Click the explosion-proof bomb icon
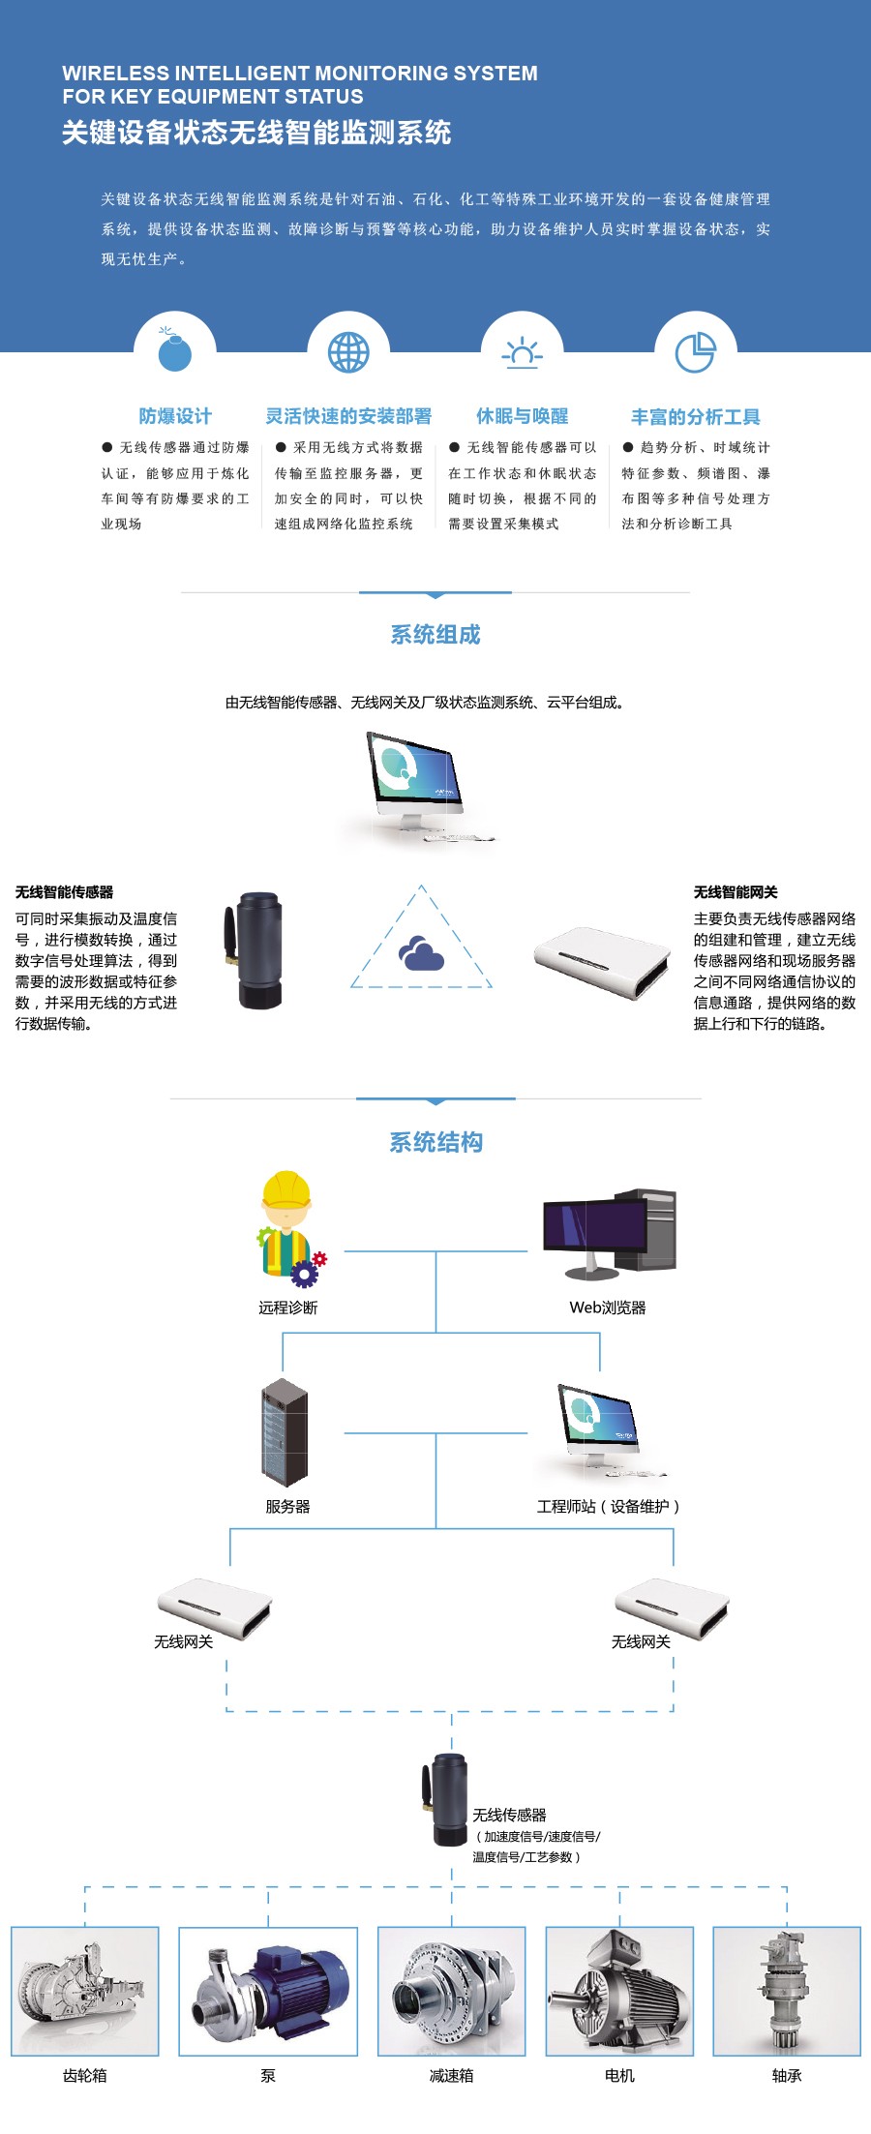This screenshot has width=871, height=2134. (175, 352)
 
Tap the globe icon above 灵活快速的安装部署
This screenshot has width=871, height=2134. (348, 352)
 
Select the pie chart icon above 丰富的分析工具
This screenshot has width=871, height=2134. (695, 352)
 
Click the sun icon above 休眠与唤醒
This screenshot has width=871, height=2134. (522, 353)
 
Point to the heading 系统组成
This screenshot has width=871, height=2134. (435, 635)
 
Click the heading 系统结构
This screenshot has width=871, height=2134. (435, 1142)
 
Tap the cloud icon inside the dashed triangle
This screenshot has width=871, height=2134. (421, 953)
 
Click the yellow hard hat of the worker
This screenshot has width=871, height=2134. (286, 1188)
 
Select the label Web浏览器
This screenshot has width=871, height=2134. (608, 1307)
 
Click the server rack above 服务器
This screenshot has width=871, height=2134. (285, 1432)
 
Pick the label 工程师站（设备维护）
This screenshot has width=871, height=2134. (609, 1507)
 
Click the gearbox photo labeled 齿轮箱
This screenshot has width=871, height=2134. (85, 1991)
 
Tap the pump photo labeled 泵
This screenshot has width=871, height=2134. (268, 1991)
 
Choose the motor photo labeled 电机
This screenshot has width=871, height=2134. (619, 1991)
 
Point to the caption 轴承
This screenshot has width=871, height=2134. (787, 2075)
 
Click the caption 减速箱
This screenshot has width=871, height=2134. (452, 2075)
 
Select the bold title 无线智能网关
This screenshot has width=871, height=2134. (736, 892)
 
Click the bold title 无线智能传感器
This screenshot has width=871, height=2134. (65, 892)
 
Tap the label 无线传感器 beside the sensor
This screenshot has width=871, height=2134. (510, 1815)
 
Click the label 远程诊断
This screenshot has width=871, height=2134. (287, 1307)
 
